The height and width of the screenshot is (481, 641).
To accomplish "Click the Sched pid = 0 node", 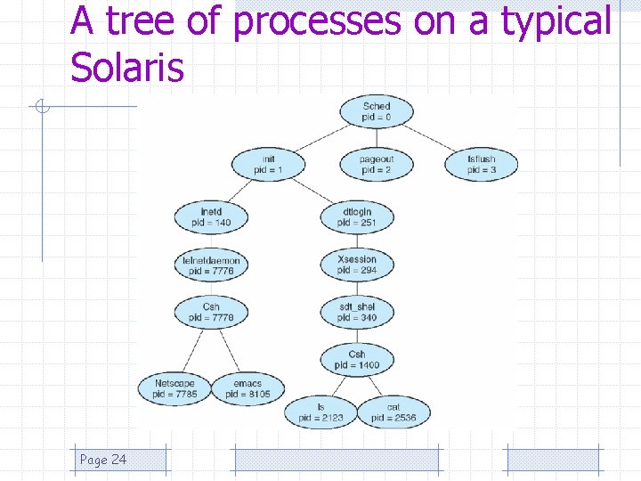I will point(377,112).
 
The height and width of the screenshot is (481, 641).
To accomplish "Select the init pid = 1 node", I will point(268,165).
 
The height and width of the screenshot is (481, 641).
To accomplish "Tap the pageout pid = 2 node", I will point(377,165).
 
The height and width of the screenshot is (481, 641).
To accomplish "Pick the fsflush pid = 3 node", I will point(482,165).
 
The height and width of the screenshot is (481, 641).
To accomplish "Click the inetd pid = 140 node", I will point(211,216).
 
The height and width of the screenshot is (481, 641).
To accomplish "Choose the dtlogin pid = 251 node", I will point(357,216).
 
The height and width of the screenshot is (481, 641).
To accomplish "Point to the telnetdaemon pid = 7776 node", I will point(211,265).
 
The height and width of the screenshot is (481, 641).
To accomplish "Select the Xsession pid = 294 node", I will point(357,265).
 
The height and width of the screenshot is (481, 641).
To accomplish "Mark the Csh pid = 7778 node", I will point(211,312).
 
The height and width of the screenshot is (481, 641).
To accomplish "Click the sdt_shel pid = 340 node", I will point(357,312).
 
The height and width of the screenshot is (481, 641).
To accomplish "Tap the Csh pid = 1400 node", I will point(357,359).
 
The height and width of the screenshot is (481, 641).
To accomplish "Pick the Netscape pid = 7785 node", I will point(174,388).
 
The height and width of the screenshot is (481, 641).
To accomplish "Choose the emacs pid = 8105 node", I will point(247,388).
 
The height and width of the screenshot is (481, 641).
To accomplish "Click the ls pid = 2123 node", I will point(320,412).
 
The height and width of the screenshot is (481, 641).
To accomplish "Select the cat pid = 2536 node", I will point(394,412).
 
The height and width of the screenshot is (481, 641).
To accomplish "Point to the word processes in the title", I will point(316,21).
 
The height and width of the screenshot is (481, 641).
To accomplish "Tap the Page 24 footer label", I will point(103,460).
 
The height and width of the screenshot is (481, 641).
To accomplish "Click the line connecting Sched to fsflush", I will point(431,139).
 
